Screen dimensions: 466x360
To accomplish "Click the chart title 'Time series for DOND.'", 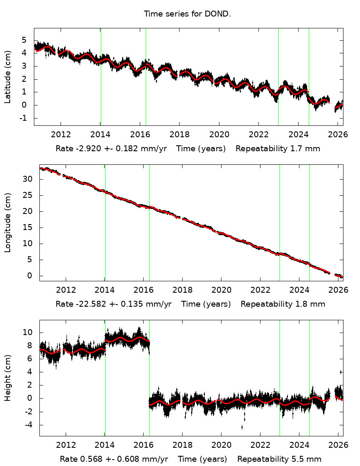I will [x=187, y=14].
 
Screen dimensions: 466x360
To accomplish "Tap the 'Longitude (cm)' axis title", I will [x=8, y=223].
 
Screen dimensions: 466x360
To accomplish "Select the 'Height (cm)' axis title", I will [x=8, y=378].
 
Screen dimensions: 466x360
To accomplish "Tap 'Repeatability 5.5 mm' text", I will [x=279, y=459].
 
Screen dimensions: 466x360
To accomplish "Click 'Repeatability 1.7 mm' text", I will [x=278, y=149].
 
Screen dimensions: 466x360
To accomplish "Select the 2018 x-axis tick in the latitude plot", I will [x=179, y=134].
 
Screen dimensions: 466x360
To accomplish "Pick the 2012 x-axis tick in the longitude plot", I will [x=66, y=290].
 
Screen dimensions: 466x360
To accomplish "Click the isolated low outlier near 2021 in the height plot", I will [x=242, y=427].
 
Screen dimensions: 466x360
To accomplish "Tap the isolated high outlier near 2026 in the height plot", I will [x=341, y=372].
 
